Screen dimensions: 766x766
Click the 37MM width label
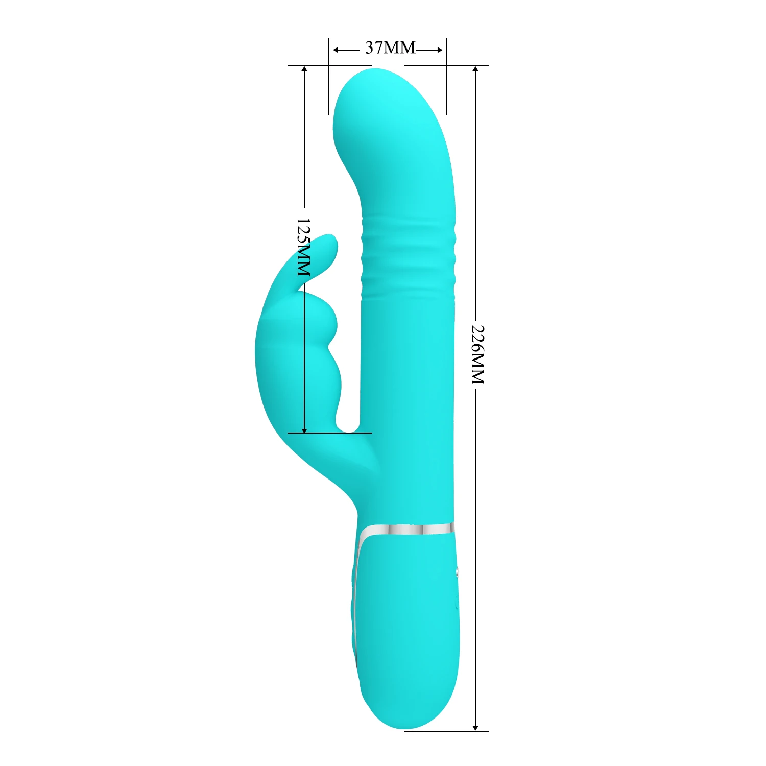tap(390, 47)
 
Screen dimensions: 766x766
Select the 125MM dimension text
tap(303, 248)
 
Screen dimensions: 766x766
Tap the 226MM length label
tap(477, 354)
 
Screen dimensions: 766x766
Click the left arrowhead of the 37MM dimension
tap(336, 50)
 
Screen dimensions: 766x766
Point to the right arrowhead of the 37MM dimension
tap(439, 50)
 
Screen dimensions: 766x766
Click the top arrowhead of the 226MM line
tap(475, 70)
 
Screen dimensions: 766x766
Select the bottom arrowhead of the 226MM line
tap(475, 727)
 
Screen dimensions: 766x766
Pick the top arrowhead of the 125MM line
tap(304, 70)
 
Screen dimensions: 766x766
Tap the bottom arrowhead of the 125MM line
tap(304, 429)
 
